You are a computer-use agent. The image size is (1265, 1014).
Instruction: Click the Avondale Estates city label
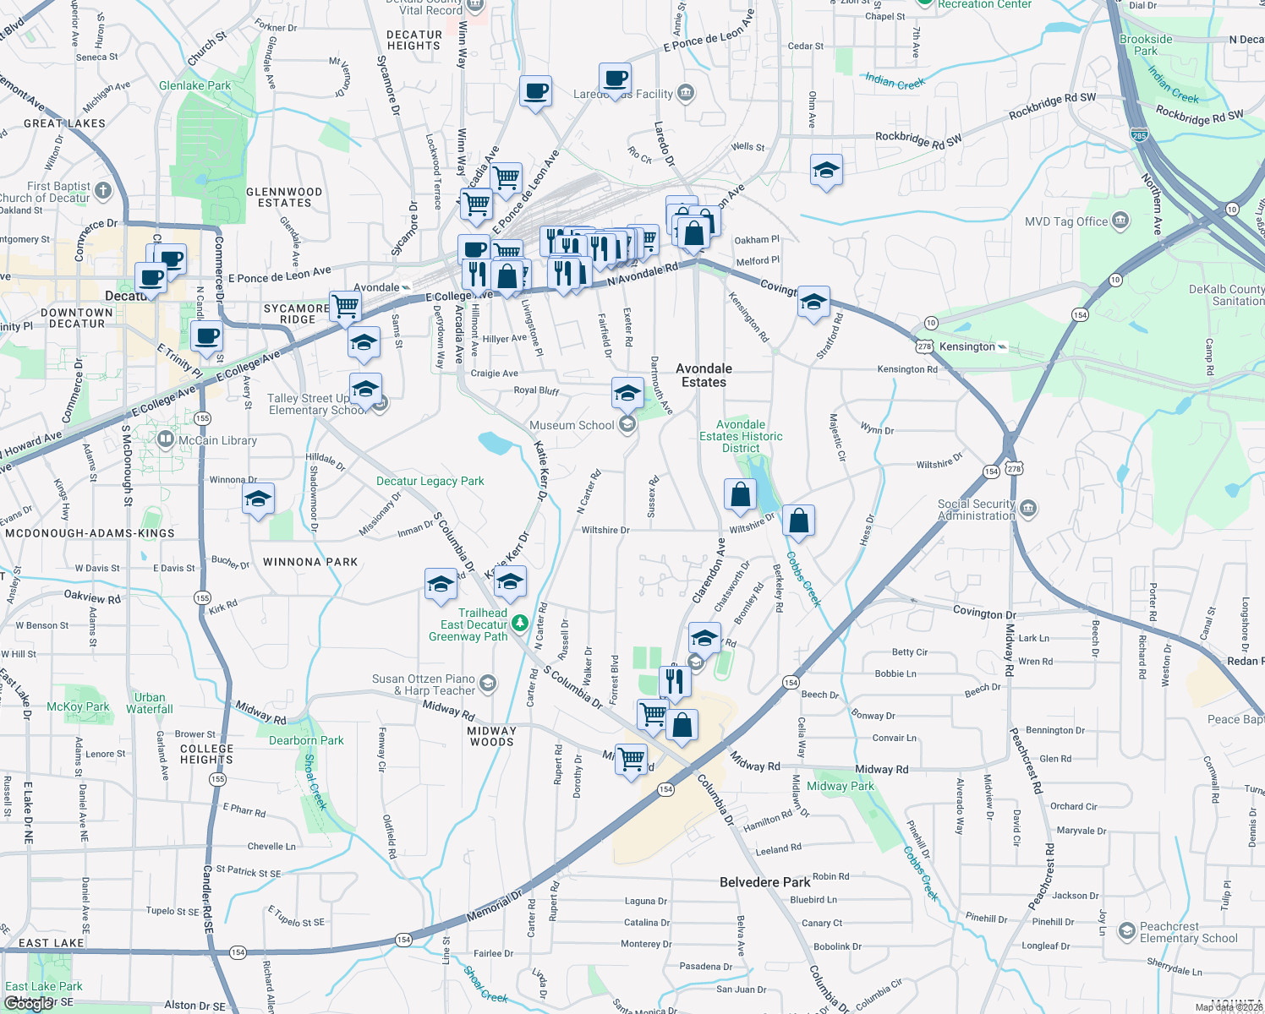point(704,375)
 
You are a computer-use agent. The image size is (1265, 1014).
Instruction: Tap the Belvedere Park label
point(764,882)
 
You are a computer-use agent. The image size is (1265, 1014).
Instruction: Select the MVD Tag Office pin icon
point(1120,221)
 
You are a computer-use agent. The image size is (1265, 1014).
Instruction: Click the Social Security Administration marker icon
point(1028,509)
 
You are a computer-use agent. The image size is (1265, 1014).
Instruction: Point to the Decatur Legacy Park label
point(430,481)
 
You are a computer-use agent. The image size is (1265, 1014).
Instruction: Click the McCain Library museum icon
point(166,440)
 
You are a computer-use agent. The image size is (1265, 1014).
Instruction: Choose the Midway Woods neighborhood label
point(491,737)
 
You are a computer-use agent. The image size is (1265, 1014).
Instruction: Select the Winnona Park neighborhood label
point(310,562)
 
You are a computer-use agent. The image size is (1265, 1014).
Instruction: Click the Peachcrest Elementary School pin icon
point(1126,932)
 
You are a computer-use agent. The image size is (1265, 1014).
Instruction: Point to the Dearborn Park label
point(306,740)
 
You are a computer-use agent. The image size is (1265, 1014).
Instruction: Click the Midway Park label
point(840,786)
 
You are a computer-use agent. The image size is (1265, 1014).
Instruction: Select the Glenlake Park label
point(194,85)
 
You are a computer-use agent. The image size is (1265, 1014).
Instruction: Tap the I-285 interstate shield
point(1138,135)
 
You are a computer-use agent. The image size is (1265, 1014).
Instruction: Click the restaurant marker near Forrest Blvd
point(674,680)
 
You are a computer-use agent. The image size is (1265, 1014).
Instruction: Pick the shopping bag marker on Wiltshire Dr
point(798,521)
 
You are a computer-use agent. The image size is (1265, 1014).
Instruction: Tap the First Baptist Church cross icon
point(103,191)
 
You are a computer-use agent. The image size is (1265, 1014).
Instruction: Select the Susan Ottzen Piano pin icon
point(487,683)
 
